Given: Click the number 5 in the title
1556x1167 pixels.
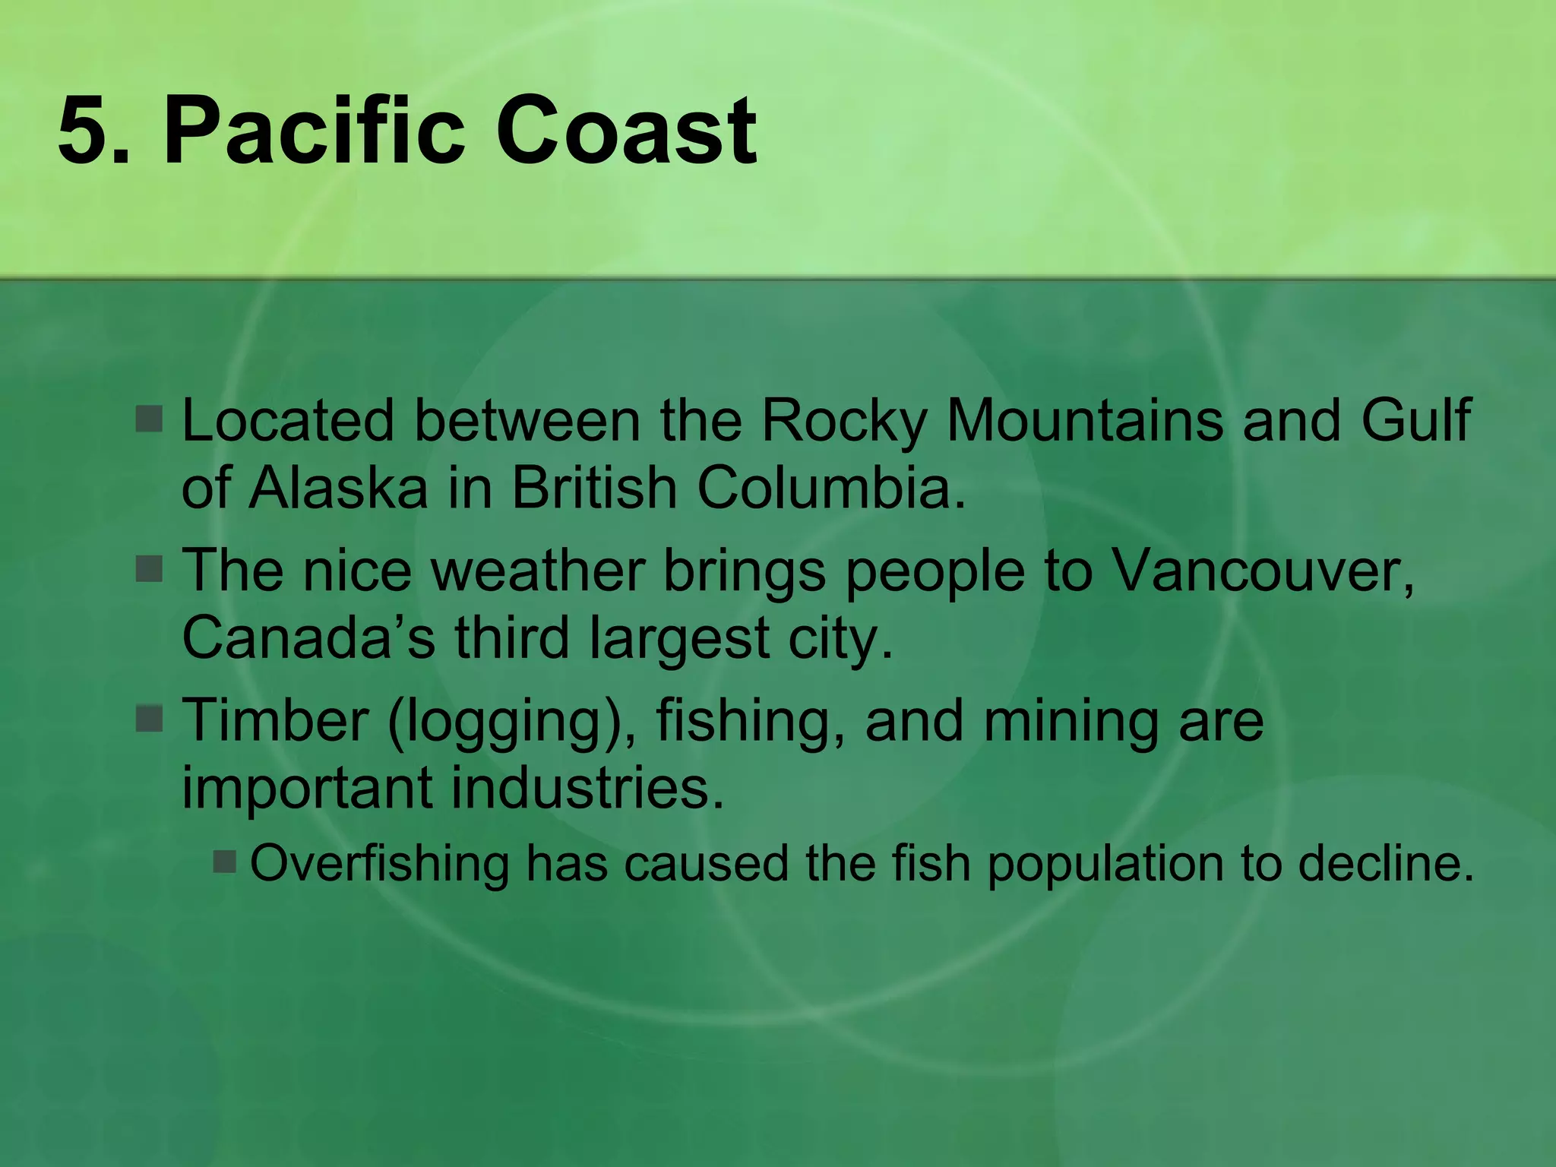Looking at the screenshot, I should coord(85,131).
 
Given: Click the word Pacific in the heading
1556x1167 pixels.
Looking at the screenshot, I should coord(313,131).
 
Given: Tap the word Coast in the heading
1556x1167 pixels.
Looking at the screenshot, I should coord(626,131).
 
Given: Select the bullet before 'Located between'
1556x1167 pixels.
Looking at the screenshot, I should coord(150,419).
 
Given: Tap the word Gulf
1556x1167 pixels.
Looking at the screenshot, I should coord(1415,420).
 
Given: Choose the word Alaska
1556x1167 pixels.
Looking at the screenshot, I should coord(339,488).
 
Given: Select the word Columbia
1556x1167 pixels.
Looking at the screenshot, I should coord(832,488).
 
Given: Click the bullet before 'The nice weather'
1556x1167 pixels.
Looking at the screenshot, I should coord(150,568).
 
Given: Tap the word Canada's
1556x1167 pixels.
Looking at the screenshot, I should coord(308,638).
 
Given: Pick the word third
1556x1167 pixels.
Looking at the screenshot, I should coord(512,638).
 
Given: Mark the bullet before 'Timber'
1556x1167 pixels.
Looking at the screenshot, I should coord(150,718).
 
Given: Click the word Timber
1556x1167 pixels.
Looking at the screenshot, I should coord(275,720).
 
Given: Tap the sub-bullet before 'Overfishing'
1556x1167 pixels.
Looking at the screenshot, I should coord(226,862).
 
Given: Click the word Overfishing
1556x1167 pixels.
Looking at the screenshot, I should coord(380,864).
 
